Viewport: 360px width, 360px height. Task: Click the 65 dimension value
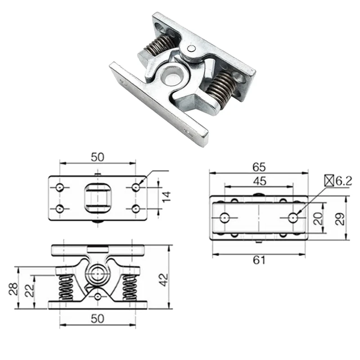click(x=258, y=167)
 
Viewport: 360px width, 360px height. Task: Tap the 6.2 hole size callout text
click(x=343, y=181)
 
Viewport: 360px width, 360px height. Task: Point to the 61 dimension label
click(x=258, y=260)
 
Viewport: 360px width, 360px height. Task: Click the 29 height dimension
click(x=341, y=219)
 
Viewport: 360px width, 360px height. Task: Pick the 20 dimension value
click(x=318, y=219)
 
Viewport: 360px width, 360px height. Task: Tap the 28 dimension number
click(x=13, y=288)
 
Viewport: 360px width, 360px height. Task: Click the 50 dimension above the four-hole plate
click(x=98, y=157)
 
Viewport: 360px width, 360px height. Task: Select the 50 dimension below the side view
click(x=98, y=318)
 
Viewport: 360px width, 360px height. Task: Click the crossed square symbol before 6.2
click(x=329, y=181)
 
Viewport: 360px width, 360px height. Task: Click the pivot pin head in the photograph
click(x=192, y=49)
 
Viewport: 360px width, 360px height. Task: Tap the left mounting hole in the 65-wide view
click(x=225, y=218)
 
